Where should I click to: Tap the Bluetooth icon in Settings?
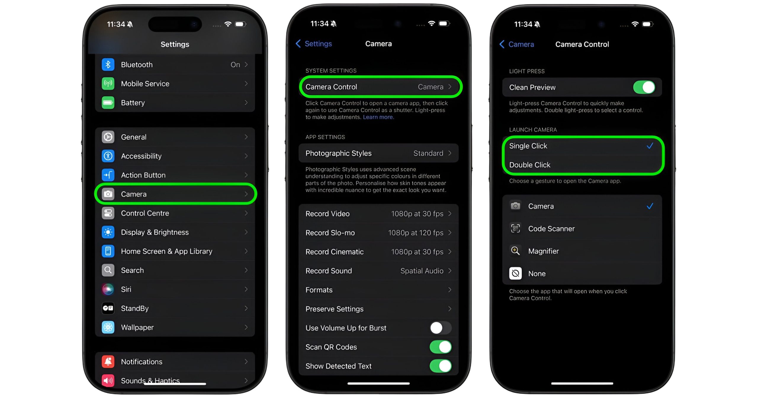pos(108,65)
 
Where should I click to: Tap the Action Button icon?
pos(108,175)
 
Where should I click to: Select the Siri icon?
pos(108,289)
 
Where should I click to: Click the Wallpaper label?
pos(137,327)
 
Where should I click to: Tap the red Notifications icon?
pos(108,362)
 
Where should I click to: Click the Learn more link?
pos(378,117)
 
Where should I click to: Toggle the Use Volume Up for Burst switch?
pos(441,328)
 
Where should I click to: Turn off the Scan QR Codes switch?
pos(441,347)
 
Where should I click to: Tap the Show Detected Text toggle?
pos(441,366)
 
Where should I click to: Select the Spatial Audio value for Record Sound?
pos(422,271)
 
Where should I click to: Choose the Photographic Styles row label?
pos(338,153)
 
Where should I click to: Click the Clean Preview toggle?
pos(644,87)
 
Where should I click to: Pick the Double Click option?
pos(530,165)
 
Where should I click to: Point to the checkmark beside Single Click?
pos(650,146)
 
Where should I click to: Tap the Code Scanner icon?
pos(515,229)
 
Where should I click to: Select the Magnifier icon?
pos(515,251)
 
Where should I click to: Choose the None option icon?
pos(515,273)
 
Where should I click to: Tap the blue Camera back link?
pos(517,44)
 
